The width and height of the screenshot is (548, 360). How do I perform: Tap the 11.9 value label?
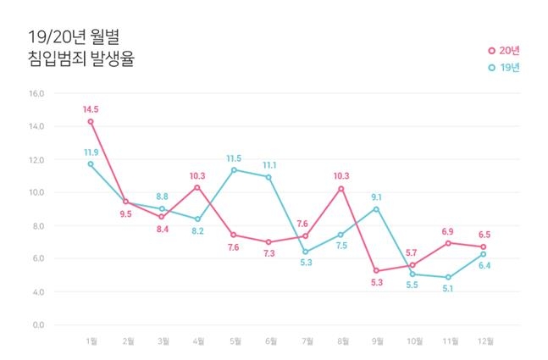point(91,152)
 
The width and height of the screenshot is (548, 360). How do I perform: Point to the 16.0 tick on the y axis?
point(36,93)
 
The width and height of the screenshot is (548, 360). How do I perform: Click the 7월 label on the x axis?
point(306,341)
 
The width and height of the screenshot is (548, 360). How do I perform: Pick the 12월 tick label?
point(484,341)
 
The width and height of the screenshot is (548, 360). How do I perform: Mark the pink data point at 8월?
point(340,189)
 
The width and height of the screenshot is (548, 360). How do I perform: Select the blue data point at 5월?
point(234,169)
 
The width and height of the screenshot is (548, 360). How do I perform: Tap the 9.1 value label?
point(377,197)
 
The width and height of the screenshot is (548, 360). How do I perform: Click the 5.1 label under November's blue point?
point(448,288)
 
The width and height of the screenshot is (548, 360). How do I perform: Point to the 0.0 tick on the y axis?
point(36,324)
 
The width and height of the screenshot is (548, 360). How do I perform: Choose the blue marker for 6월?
point(269,177)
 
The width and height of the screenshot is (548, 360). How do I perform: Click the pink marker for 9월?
point(376,271)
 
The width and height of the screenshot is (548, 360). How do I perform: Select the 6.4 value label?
point(484,265)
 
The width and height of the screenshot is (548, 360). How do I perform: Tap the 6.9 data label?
point(448,231)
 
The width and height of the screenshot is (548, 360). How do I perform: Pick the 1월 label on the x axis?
point(91,341)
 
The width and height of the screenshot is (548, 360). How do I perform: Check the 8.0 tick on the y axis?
point(36,225)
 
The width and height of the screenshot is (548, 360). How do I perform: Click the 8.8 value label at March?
point(163,197)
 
